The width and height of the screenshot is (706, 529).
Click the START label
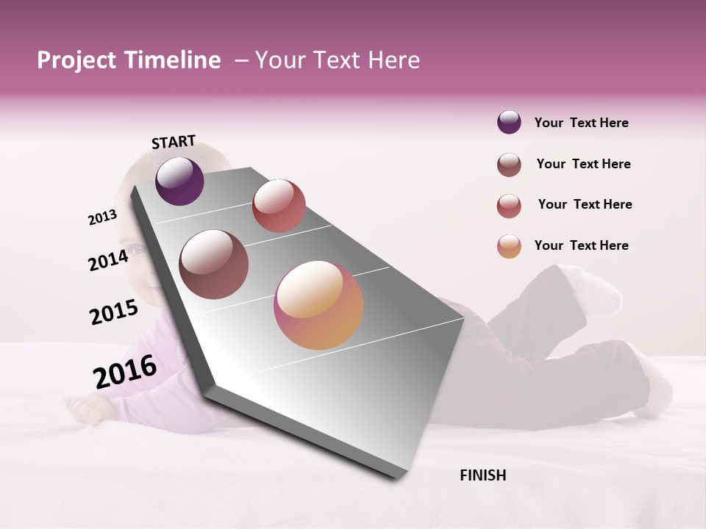pos(174,142)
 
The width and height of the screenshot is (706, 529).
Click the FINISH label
pos(482,475)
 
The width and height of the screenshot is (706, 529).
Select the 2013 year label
pos(102,217)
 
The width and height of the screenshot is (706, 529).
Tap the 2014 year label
pos(108,260)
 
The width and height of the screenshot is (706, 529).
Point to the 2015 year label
pos(114,312)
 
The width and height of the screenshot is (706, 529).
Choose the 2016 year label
pos(125,372)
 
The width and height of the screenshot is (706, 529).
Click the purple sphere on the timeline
pos(179,181)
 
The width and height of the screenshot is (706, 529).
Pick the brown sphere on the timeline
pos(214,264)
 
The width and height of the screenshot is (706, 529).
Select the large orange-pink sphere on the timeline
pos(318,305)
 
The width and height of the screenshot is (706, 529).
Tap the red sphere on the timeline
pos(279,206)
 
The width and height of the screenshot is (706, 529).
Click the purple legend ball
pos(509,123)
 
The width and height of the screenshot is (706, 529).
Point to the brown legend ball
pos(509,165)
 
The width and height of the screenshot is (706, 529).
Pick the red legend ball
pos(509,206)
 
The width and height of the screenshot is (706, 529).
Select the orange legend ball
pos(509,246)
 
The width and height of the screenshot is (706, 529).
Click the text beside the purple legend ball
pos(581,123)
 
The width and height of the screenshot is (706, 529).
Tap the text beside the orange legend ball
pos(581,245)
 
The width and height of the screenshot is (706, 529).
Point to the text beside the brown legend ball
pos(583,164)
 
